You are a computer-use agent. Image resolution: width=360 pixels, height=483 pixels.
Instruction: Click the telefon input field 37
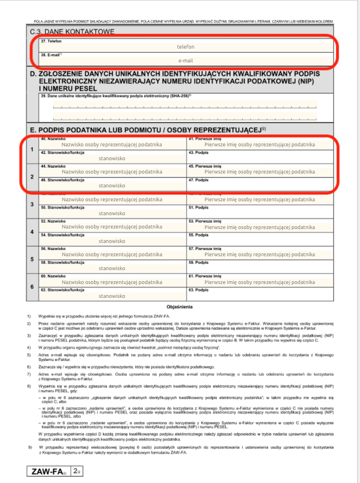point(185,46)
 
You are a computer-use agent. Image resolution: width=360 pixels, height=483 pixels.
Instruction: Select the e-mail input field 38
point(185,60)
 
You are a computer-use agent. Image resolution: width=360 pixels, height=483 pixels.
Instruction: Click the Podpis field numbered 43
point(259,157)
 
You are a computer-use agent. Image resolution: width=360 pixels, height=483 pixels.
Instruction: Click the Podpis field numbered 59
point(259,267)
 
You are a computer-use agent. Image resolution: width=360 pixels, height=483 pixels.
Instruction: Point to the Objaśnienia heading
point(180,307)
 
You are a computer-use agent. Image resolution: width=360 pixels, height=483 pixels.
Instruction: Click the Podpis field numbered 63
point(259,294)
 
